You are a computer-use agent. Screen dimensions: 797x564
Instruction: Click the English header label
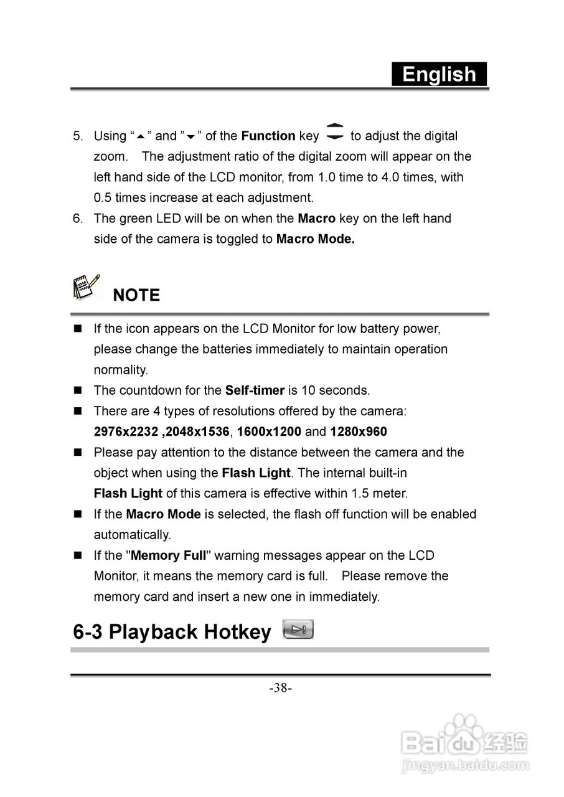pos(439,74)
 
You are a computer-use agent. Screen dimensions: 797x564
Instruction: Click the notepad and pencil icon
pos(86,288)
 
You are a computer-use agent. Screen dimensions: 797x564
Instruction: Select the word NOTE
pos(136,295)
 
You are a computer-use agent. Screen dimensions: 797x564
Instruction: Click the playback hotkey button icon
pos(298,630)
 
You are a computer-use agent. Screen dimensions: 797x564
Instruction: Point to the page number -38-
pos(281,688)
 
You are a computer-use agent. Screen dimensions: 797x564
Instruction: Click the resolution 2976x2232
pos(126,432)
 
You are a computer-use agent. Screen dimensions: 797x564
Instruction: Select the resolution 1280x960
pos(358,432)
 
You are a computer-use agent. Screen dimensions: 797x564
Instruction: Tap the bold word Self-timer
pos(255,390)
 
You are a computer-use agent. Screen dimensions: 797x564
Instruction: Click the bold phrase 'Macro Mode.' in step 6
pos(315,239)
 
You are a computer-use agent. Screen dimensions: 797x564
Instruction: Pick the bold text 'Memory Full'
pos(168,555)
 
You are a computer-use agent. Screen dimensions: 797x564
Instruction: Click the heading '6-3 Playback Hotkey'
pos(172,632)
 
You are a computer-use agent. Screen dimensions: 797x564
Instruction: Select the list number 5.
pos(77,136)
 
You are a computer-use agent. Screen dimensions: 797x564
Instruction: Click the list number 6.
pos(77,219)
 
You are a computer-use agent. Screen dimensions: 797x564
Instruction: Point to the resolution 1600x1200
pos(269,432)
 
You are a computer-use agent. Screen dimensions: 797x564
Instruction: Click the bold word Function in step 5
pos(268,136)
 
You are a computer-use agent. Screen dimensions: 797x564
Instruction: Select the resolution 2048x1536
pos(195,432)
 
